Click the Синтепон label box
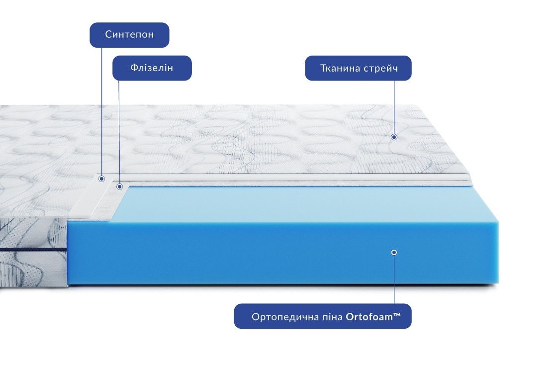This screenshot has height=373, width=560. coord(129,35)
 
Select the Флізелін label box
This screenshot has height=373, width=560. coord(152,68)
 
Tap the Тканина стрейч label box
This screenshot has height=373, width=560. coord(358,68)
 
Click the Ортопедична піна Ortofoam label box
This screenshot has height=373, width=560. coord(323,316)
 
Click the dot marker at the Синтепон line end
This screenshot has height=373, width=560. coord(102,179)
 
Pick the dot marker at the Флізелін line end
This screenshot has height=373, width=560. coord(120,186)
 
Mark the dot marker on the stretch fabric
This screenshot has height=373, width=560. coord(394,137)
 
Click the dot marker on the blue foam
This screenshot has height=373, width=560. coord(394,252)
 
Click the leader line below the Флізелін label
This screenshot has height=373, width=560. coord(119,132)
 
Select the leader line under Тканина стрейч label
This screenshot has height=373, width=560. coord(394,107)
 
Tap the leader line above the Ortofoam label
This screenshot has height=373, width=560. coord(394,280)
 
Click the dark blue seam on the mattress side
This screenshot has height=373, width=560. coord(33,250)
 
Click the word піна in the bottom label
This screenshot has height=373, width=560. coord(332,317)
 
